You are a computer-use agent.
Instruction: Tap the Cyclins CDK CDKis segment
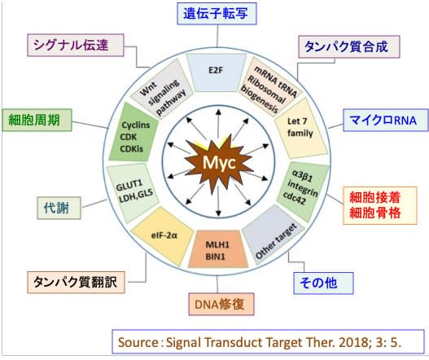pyautogui.click(x=129, y=131)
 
